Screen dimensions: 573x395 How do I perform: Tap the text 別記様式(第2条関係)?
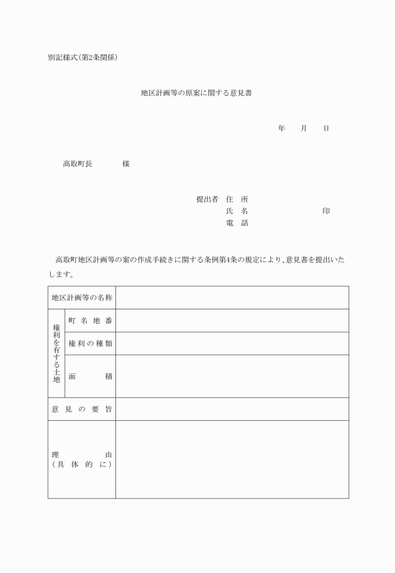click(x=82, y=58)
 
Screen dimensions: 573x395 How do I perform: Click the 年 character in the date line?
click(x=282, y=128)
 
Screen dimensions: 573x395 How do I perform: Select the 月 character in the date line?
click(x=303, y=128)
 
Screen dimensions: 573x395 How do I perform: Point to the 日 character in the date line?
click(x=326, y=128)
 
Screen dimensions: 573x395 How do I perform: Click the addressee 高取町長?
click(x=77, y=164)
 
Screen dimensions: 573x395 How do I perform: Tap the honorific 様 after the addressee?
click(x=126, y=164)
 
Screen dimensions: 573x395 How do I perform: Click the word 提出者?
click(x=207, y=199)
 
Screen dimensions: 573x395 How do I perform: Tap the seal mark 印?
click(x=326, y=211)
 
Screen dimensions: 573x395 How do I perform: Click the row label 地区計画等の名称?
click(x=82, y=297)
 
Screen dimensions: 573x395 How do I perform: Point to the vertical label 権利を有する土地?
click(x=56, y=353)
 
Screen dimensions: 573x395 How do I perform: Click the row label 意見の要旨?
click(x=82, y=409)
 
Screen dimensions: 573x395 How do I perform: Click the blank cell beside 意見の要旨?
click(x=232, y=409)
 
